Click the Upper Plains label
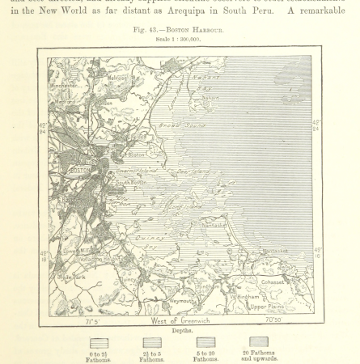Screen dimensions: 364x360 click(x=269, y=307)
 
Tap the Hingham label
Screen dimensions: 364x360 click(x=209, y=286)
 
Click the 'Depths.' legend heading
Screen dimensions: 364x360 click(x=180, y=331)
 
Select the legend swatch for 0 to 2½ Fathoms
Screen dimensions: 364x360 click(x=99, y=343)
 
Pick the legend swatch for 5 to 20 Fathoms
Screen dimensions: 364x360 click(x=205, y=342)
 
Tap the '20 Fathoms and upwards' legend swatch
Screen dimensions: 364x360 click(x=259, y=342)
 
